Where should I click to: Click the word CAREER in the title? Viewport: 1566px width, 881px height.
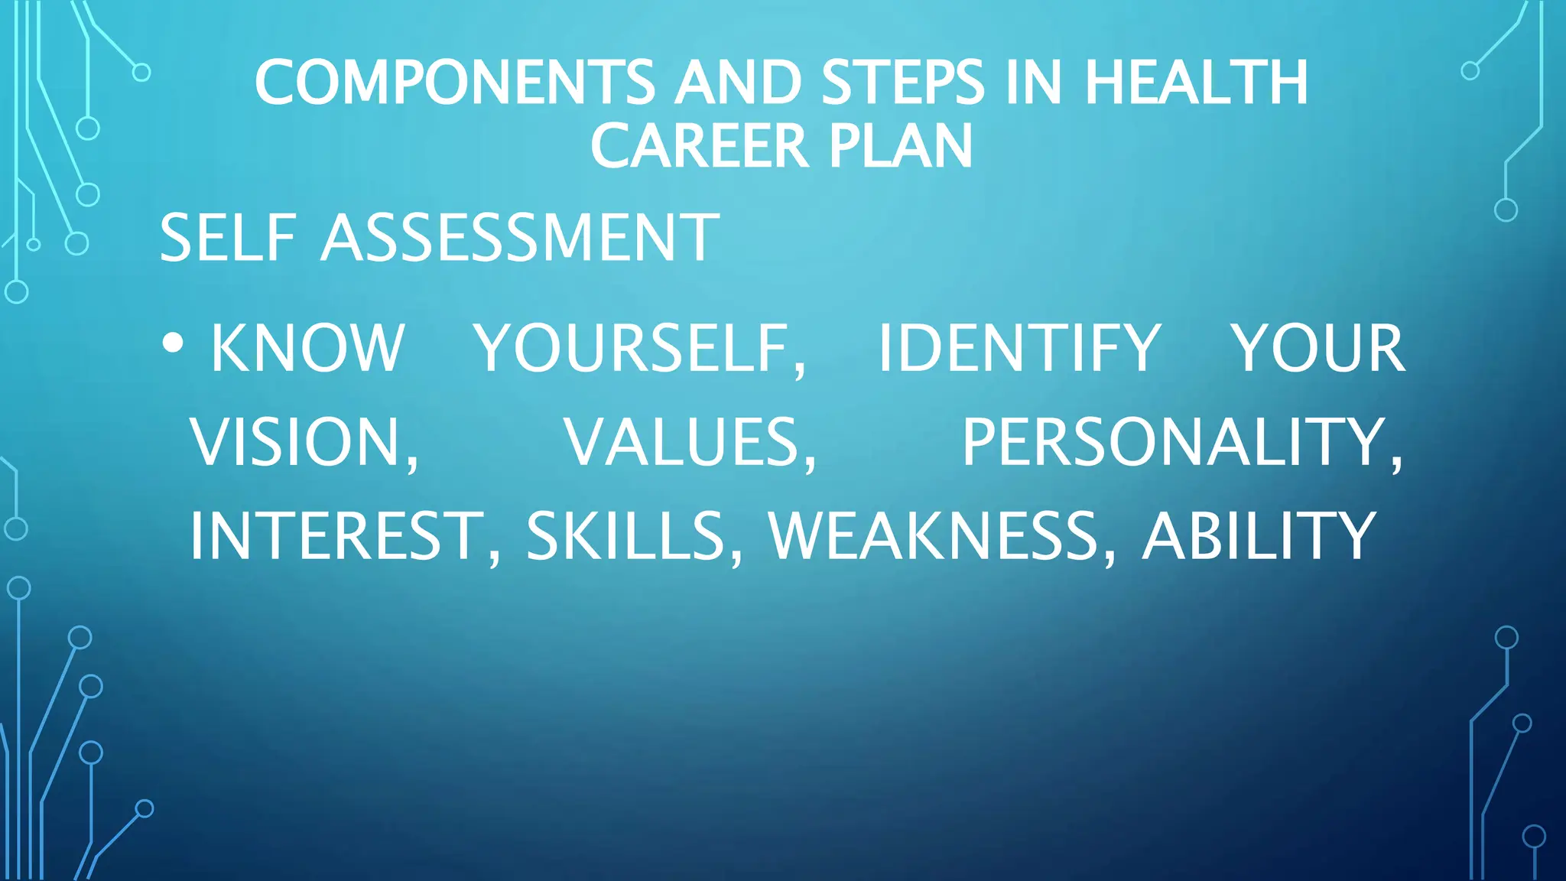[x=699, y=146]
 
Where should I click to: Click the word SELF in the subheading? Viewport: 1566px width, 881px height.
[x=228, y=238]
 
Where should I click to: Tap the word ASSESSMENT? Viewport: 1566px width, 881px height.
[x=520, y=238]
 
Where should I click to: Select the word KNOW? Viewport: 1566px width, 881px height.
[x=307, y=349]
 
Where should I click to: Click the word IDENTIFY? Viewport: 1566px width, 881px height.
[x=1019, y=349]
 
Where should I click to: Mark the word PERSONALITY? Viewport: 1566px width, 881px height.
[x=1182, y=443]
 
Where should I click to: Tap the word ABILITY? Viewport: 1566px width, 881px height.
[x=1259, y=537]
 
